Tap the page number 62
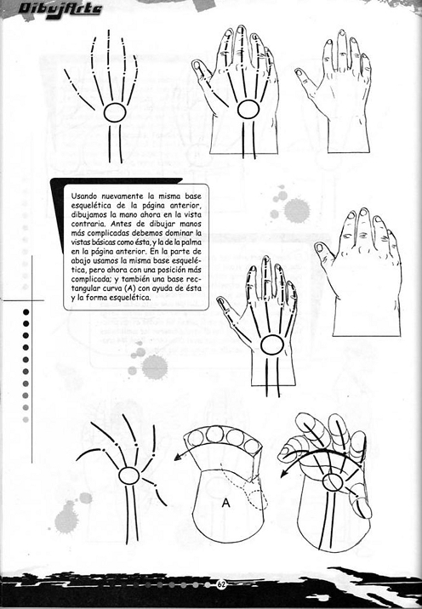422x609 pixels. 221,584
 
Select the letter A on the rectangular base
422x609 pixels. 226,503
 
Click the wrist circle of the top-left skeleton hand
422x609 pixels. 115,112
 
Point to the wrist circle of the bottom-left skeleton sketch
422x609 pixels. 129,475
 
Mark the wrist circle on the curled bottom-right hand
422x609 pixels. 334,481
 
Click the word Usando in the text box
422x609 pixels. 86,196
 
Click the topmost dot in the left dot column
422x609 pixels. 26,312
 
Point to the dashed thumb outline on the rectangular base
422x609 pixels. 252,498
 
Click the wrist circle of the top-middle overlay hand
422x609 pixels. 248,109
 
